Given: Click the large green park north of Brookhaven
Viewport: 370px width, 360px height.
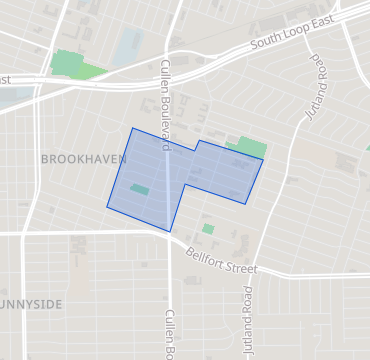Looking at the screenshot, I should pos(74,66).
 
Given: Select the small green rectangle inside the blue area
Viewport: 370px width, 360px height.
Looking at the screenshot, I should pos(139,189).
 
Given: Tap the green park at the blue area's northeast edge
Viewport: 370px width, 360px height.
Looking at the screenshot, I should pos(251,148).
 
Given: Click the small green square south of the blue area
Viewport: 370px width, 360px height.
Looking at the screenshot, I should pos(208,229).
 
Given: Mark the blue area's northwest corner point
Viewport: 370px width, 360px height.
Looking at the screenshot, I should pos(132,128).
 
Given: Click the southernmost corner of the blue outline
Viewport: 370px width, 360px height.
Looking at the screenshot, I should pos(172,232).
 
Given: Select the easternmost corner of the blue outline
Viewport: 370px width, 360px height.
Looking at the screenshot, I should pos(263,160).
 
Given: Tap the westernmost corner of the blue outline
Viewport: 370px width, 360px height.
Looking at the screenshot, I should pos(107,207).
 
